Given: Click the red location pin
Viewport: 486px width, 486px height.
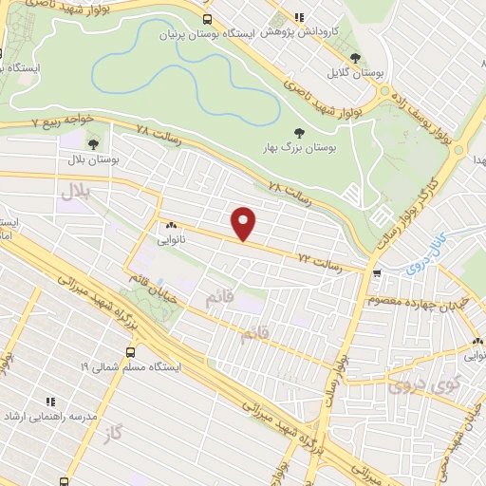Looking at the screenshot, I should pyautogui.click(x=245, y=224).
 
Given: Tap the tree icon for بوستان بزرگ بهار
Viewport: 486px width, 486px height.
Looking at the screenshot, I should pyautogui.click(x=299, y=134).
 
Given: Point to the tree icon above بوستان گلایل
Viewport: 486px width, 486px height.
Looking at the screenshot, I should pyautogui.click(x=355, y=58).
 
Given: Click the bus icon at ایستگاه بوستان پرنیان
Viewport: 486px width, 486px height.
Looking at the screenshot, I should pyautogui.click(x=207, y=20).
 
